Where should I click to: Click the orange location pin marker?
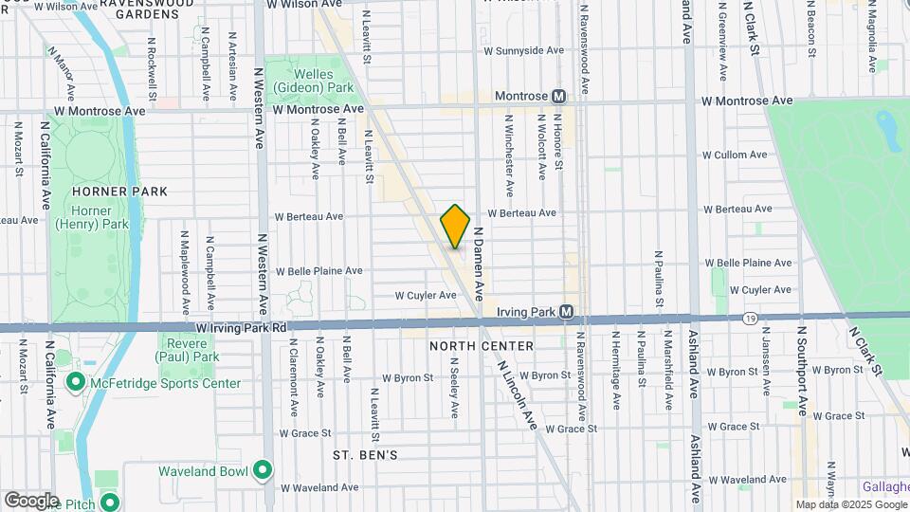[455, 227]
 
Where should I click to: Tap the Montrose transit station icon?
[559, 97]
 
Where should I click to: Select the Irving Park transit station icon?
[567, 311]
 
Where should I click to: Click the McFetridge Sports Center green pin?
[76, 383]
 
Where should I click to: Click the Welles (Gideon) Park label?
[300, 82]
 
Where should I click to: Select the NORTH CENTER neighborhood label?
[482, 346]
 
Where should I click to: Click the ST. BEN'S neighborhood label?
[364, 455]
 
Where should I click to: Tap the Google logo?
[31, 500]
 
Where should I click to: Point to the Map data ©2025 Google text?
[851, 504]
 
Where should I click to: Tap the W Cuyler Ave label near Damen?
[426, 295]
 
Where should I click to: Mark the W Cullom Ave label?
[735, 155]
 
